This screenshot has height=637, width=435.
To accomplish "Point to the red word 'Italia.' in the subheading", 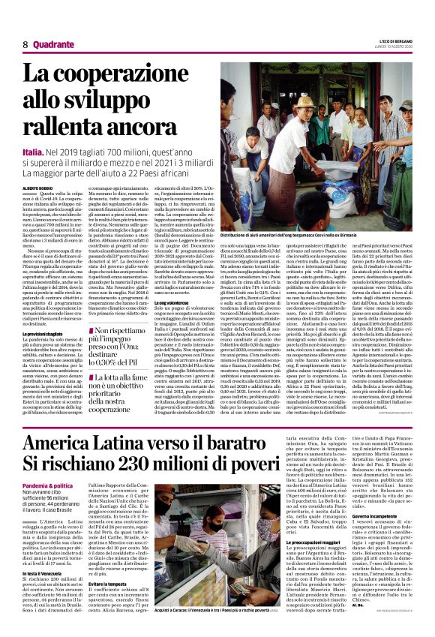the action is tap(34, 153).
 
